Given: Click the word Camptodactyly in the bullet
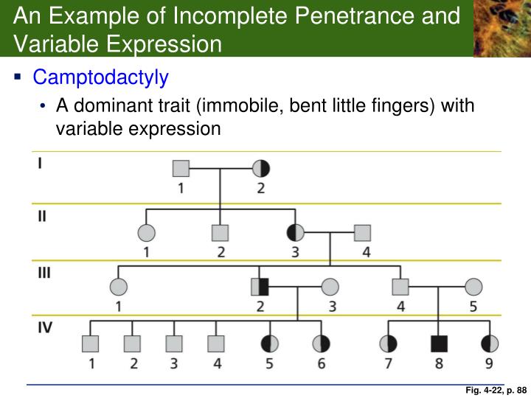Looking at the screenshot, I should [101, 77].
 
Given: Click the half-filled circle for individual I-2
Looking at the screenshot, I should [261, 169].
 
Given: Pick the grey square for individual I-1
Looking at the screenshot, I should [181, 169].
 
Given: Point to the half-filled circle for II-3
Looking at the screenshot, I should [296, 233].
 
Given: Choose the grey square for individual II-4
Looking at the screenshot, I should [361, 233].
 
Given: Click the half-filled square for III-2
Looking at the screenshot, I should [260, 287].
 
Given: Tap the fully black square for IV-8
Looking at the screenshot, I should [440, 343].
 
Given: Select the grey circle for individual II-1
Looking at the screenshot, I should [146, 233].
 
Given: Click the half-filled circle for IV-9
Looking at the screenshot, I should [490, 343].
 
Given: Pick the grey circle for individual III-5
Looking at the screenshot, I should [473, 287].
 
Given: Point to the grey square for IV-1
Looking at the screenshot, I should [90, 343].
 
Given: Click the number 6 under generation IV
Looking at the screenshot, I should [321, 363].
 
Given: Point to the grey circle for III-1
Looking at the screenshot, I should [118, 287].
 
